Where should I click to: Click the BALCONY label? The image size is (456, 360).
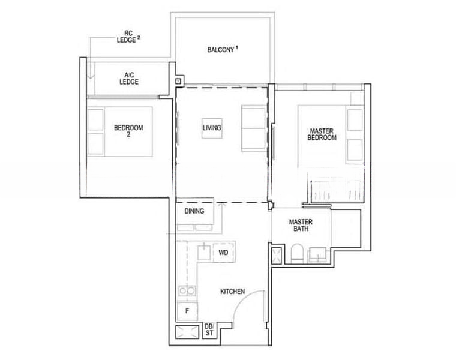coord(220,49)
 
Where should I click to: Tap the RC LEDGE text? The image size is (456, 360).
coord(126,38)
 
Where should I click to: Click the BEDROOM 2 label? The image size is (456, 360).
coord(128,131)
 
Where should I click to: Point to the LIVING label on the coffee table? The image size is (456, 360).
coord(211,128)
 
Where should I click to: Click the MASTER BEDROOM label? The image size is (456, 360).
coord(322,134)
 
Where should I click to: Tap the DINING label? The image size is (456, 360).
coord(194,211)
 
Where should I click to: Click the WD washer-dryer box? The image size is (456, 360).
coord(223,253)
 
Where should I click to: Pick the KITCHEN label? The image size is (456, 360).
coord(232,292)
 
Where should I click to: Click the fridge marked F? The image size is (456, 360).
coord(187,311)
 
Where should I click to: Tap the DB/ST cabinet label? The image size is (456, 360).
coord(209,329)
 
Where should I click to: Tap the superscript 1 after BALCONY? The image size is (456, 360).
coord(238,47)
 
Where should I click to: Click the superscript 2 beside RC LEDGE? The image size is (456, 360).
coord(139,38)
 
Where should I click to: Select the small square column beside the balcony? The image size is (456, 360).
coord(178,81)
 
